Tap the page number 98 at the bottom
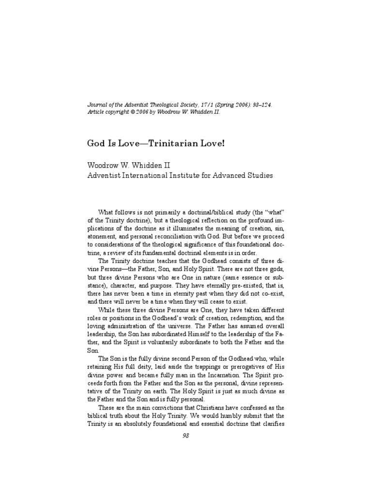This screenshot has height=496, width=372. click(x=186, y=435)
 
